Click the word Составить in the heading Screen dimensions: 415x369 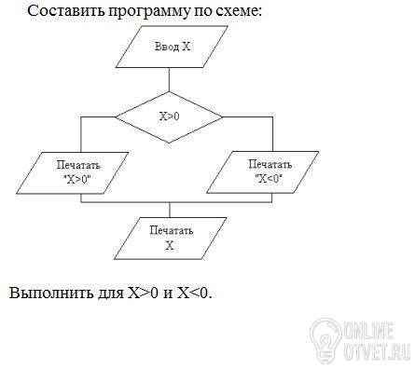(x=66, y=11)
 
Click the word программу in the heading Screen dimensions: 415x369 (x=147, y=12)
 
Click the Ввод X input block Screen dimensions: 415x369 (x=172, y=47)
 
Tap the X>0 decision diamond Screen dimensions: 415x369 (x=169, y=117)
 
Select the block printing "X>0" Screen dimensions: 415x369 (x=73, y=173)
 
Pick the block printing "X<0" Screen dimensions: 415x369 (x=263, y=172)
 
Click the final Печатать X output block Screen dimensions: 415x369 (x=171, y=239)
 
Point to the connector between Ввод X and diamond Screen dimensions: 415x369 (x=169, y=79)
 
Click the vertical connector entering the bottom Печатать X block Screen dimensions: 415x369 (x=170, y=210)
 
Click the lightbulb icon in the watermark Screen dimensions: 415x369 (x=325, y=340)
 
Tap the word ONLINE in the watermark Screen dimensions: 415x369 (x=369, y=331)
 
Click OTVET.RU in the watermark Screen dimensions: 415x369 (x=377, y=351)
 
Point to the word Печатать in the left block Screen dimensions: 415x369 (x=78, y=165)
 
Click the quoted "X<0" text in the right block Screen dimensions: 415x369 (x=269, y=179)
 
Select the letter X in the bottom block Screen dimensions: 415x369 (x=170, y=246)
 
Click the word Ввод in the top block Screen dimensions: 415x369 (x=167, y=47)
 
